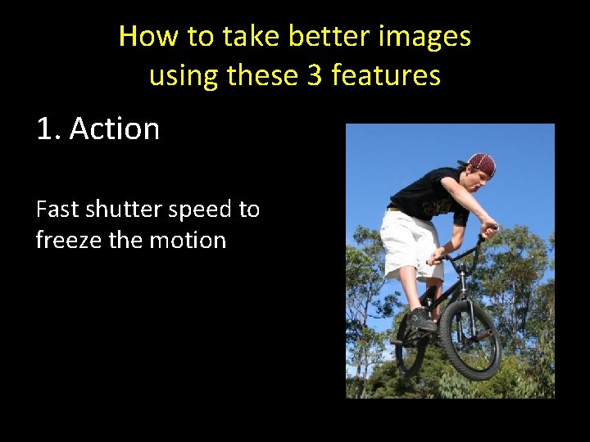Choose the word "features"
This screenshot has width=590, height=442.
coord(386,75)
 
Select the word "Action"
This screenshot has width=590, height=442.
coord(115,129)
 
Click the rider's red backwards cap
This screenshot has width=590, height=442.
coord(481,163)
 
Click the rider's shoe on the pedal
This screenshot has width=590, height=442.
coord(420,318)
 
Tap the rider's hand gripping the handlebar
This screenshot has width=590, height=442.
coord(488,228)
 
